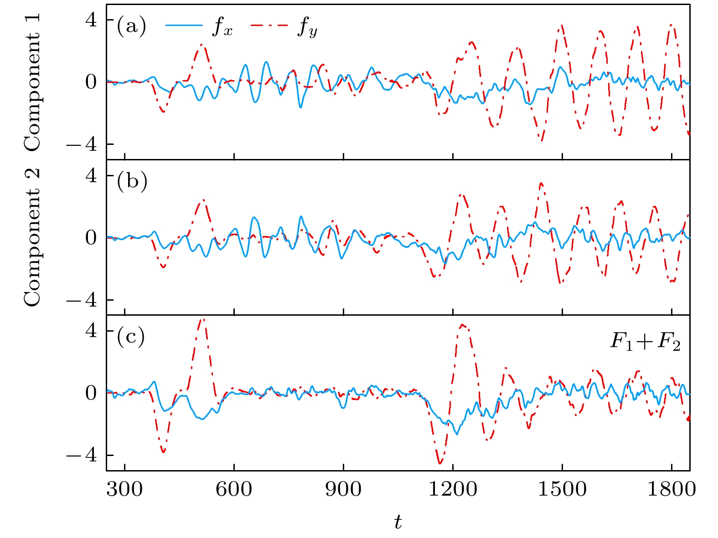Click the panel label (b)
pyautogui.click(x=132, y=182)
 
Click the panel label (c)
pyautogui.click(x=131, y=337)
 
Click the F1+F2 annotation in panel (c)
pyautogui.click(x=645, y=343)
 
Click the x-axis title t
pyautogui.click(x=398, y=522)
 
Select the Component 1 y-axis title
pyautogui.click(x=33, y=82)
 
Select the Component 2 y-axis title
pyautogui.click(x=33, y=237)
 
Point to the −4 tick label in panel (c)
pyautogui.click(x=82, y=456)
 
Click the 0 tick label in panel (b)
pyautogui.click(x=92, y=238)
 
